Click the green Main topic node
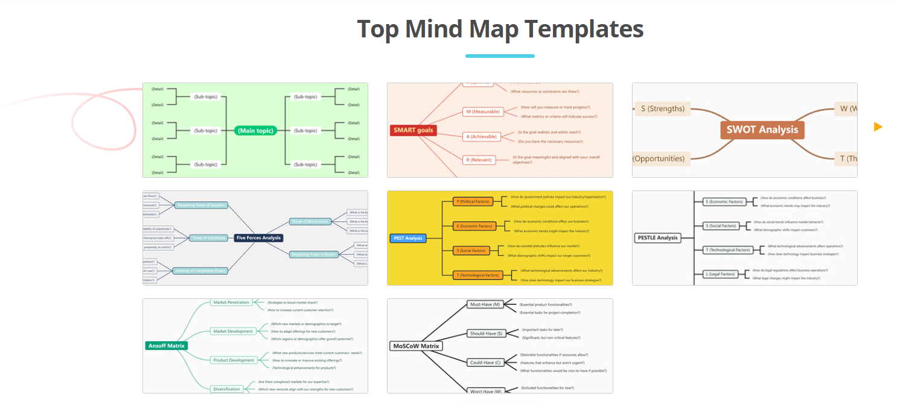coord(255,131)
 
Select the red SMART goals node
coord(413,130)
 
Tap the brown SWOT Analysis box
coord(762,130)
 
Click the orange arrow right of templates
coord(878,127)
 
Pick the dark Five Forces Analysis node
coord(258,238)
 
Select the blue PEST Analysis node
coord(408,238)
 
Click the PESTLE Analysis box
coord(658,238)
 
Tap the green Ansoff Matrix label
coord(167,346)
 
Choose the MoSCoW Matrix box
coord(416,346)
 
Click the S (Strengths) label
coord(662,109)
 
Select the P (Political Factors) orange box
coord(473,201)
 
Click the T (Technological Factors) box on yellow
coord(478,275)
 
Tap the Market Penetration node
coord(231,303)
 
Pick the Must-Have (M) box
coord(485,305)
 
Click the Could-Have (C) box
coord(485,363)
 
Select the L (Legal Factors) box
coord(721,274)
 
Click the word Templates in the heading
coord(584,29)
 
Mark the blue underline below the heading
coord(500,56)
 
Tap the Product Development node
coord(234,360)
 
